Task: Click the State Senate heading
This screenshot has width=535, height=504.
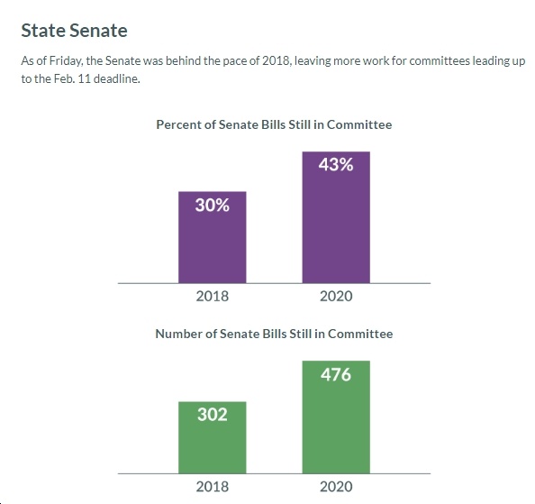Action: pyautogui.click(x=75, y=31)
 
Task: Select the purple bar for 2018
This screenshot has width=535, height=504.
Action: pyautogui.click(x=213, y=237)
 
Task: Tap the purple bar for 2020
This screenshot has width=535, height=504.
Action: pyautogui.click(x=336, y=217)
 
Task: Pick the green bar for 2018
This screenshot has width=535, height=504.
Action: pyautogui.click(x=213, y=437)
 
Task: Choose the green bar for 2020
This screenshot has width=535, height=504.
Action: pyautogui.click(x=336, y=417)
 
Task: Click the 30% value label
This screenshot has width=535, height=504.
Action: pyautogui.click(x=213, y=206)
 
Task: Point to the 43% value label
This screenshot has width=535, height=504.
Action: pyautogui.click(x=336, y=165)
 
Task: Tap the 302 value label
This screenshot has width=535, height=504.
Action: pyautogui.click(x=213, y=415)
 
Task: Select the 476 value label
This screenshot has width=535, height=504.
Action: pyautogui.click(x=336, y=374)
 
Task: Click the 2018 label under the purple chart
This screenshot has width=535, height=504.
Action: pyautogui.click(x=213, y=296)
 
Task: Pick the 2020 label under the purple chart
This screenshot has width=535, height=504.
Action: pyautogui.click(x=336, y=296)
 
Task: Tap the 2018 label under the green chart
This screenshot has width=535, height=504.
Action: pyautogui.click(x=213, y=487)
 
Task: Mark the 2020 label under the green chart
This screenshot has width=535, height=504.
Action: pyautogui.click(x=336, y=487)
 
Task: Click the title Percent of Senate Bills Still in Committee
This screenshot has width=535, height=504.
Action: pyautogui.click(x=274, y=124)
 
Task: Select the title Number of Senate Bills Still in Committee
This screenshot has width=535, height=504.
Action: pyautogui.click(x=274, y=334)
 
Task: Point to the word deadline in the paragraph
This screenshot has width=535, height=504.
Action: pyautogui.click(x=117, y=78)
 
